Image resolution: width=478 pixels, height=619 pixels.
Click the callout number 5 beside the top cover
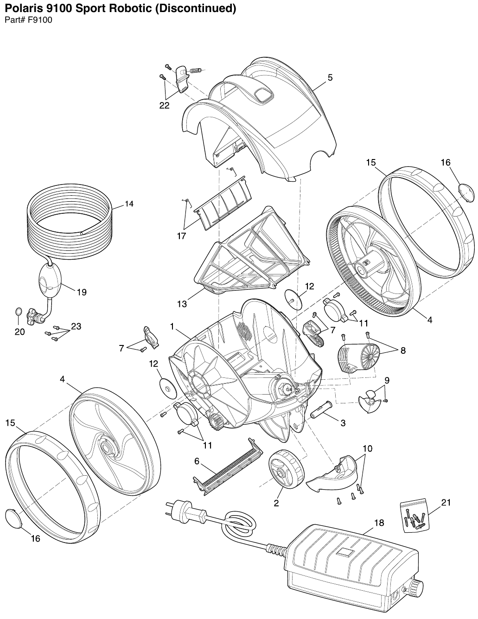(330, 77)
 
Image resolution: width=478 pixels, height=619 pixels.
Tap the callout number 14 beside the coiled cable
(129, 204)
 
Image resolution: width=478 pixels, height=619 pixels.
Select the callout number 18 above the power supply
(379, 523)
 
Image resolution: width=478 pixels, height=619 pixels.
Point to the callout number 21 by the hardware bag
(446, 503)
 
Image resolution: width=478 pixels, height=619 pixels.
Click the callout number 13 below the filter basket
(182, 304)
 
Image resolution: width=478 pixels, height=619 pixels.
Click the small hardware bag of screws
(414, 516)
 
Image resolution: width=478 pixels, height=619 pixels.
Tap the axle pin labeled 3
(320, 411)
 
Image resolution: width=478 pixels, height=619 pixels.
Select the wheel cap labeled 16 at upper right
(465, 192)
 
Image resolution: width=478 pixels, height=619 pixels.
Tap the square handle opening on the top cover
(263, 94)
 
